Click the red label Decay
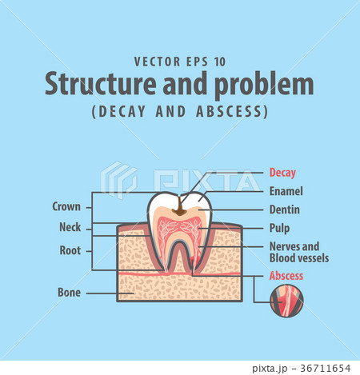point(283,172)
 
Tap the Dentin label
point(286,209)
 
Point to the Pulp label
point(281,228)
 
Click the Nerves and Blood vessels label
point(299,252)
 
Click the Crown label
point(66,206)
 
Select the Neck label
point(70,226)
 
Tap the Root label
point(70,249)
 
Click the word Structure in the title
point(89,85)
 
